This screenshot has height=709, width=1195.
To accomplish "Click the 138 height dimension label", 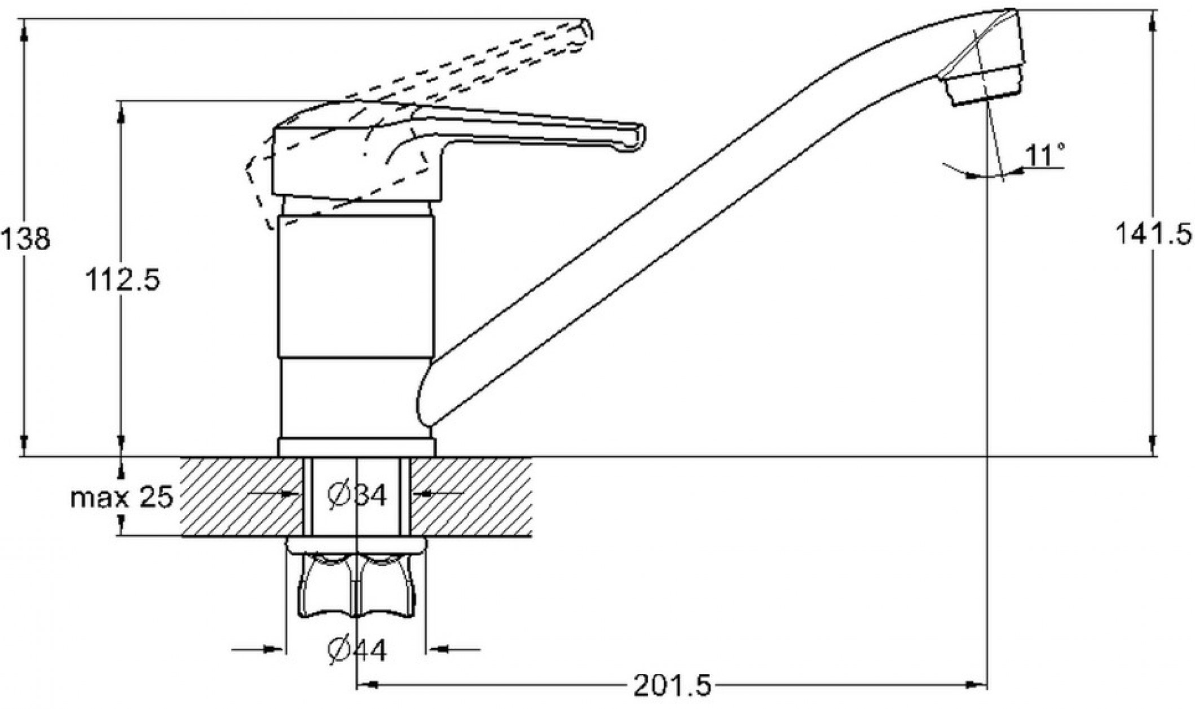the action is [x=26, y=239].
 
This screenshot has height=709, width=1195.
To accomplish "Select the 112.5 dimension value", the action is [x=122, y=279].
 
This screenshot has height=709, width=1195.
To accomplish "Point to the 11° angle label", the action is [x=1044, y=156].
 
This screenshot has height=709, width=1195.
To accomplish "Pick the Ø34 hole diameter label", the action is [x=358, y=495].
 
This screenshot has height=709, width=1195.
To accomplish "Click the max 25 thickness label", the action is [x=122, y=497].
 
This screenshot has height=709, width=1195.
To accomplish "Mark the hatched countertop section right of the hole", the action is [x=471, y=496].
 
